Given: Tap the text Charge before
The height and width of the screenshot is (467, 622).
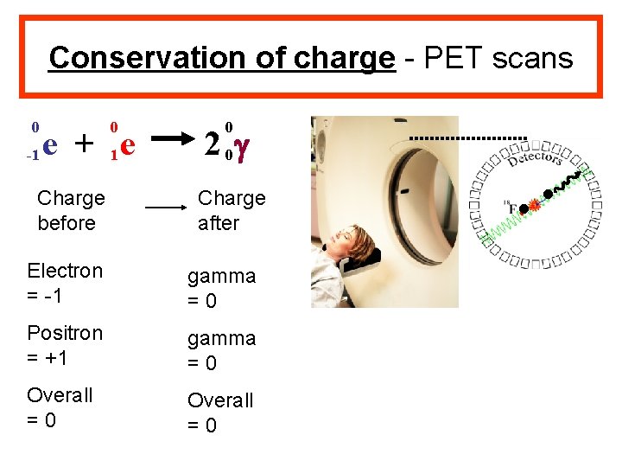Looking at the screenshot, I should pos(71,210).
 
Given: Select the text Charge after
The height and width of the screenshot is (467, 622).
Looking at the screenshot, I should pos(232,210).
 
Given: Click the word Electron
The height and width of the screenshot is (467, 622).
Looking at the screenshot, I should pos(65,271).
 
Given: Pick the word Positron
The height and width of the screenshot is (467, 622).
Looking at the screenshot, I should pos(65,333).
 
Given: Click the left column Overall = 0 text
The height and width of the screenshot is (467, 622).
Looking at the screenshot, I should pos(60,407).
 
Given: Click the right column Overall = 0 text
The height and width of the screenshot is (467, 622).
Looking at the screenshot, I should pos(220,413).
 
